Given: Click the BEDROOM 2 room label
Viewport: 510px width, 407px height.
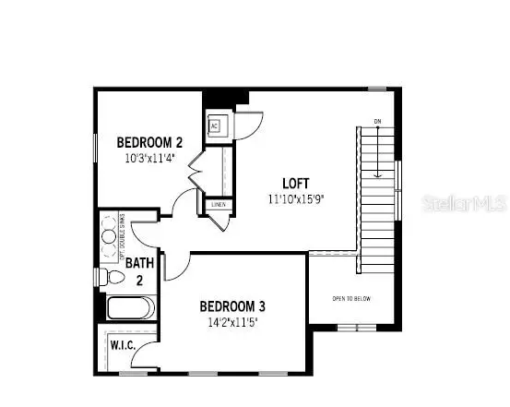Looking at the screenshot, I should coord(149,142).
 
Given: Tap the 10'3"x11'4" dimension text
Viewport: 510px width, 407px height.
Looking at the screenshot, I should coord(149,158).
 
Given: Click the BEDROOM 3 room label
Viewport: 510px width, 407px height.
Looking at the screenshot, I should coord(232,307).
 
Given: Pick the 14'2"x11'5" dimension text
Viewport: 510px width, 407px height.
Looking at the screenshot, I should coord(232,323).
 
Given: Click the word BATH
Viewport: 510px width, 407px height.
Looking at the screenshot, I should coord(139,263).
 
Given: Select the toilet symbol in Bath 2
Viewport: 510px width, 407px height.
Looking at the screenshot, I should coord(115,276).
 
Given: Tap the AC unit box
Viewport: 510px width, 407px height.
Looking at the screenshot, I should coord(214,126).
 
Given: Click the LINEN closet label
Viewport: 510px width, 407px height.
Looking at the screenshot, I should coord(218,205).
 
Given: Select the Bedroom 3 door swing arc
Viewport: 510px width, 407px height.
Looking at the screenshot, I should coord(176,266).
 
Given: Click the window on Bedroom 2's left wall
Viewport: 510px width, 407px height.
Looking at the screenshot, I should coord(95,148).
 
